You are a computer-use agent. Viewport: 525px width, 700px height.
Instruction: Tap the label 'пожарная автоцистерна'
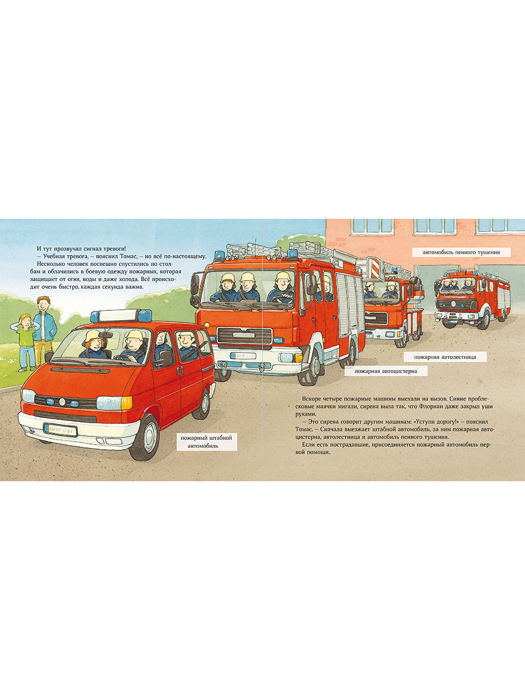pyautogui.click(x=386, y=370)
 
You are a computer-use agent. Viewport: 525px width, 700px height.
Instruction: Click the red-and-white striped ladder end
pyautogui.click(x=374, y=268)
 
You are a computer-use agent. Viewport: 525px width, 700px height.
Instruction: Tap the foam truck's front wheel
pyautogui.click(x=484, y=319)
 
